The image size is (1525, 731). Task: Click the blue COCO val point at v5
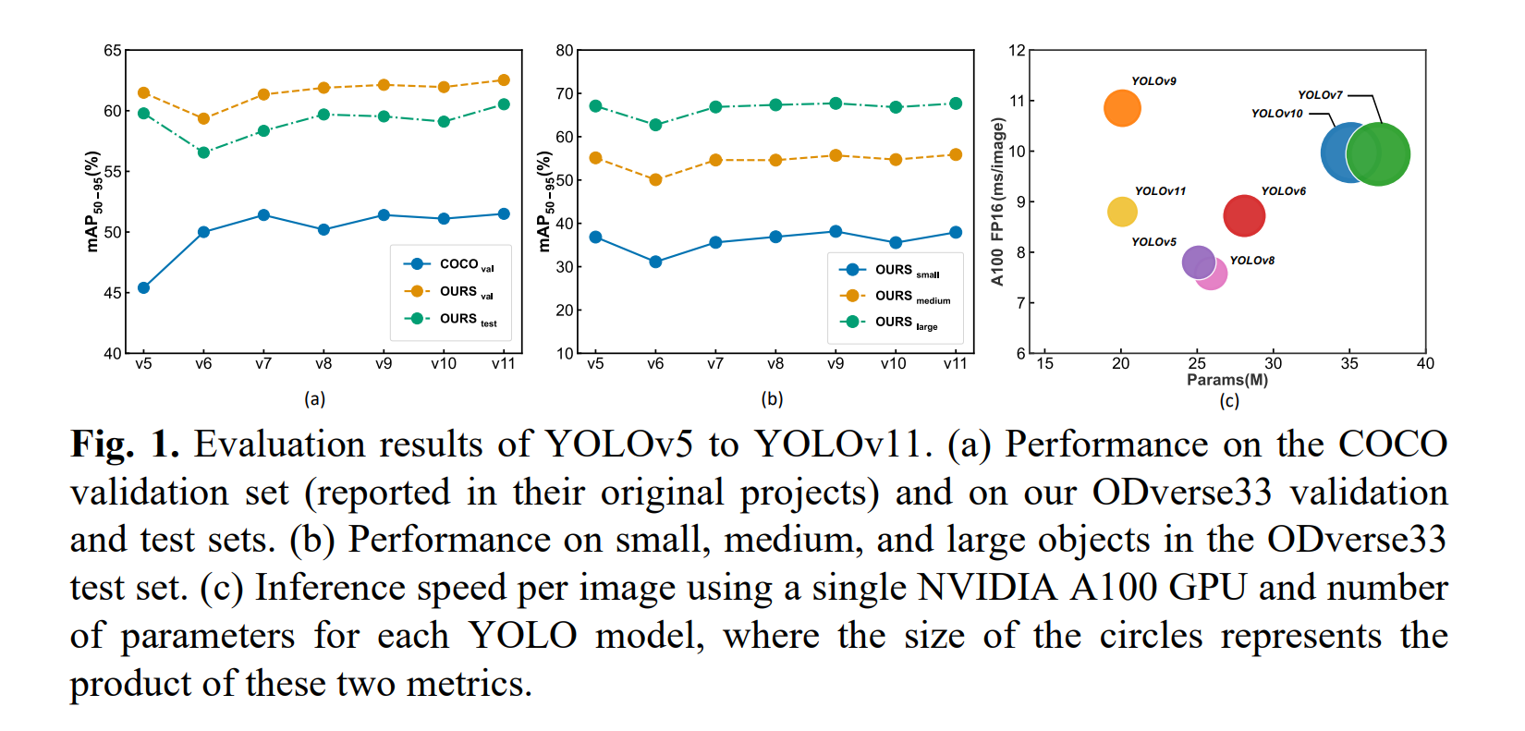coord(143,288)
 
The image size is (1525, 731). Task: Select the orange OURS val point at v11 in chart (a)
coord(504,80)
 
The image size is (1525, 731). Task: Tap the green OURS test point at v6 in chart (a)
coord(203,152)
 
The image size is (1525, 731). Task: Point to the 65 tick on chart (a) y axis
coord(112,51)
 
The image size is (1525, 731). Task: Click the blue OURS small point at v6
coord(655,262)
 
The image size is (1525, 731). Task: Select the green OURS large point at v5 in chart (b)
coord(595,106)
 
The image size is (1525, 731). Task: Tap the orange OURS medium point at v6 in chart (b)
coord(655,180)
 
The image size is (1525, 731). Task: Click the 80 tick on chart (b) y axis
coord(564,51)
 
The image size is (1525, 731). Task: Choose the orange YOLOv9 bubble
coord(1122,108)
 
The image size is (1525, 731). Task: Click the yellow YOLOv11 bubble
coord(1122,212)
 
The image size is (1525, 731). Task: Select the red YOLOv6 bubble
coord(1244,216)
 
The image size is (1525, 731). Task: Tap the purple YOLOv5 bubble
coord(1198,262)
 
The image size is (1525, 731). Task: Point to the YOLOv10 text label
coord(1276,114)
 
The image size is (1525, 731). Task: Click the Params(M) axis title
coord(1227,380)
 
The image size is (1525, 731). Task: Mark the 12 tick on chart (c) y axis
coord(1017,51)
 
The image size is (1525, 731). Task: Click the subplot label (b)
coord(772,399)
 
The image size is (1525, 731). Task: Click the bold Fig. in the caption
coord(103,445)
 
